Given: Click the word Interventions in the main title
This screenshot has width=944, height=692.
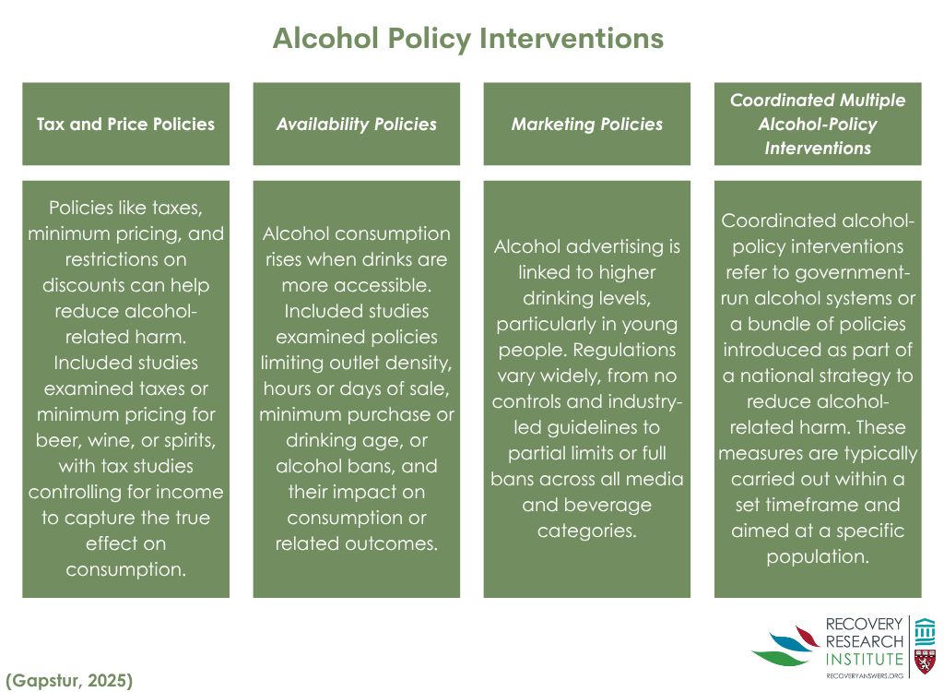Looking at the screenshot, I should point(573,39).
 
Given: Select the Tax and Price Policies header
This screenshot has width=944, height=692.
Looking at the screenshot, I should point(125,124).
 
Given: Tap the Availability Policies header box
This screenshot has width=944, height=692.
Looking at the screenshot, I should point(357,124).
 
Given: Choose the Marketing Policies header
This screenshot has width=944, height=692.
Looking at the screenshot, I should point(587,124).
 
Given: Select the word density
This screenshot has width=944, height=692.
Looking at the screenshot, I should point(419,363).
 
